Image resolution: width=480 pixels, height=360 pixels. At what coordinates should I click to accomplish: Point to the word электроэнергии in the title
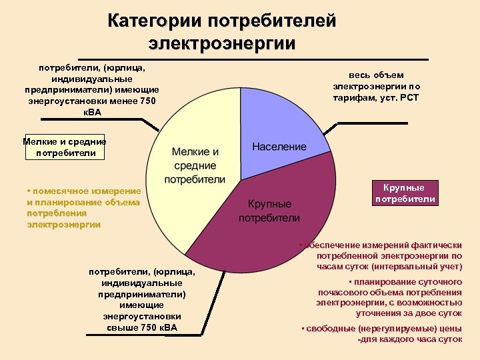(222, 44)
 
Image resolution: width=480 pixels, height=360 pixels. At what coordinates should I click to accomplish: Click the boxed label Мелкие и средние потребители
(64, 147)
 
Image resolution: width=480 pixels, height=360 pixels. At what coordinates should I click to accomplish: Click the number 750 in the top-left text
(143, 101)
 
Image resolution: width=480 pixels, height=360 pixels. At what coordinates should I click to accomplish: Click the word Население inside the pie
(279, 146)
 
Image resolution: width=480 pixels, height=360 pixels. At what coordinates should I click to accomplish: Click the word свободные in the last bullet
(329, 329)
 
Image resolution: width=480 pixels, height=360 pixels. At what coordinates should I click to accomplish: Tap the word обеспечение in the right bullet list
(332, 245)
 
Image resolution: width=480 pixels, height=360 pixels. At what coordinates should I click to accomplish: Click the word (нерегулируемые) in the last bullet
(392, 329)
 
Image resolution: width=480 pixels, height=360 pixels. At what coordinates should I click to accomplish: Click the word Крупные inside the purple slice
(269, 204)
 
